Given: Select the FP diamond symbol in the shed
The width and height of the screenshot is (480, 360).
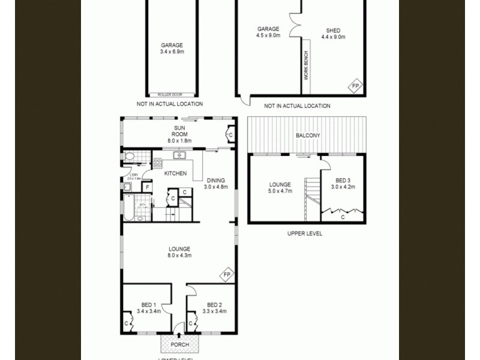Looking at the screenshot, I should click(x=355, y=86).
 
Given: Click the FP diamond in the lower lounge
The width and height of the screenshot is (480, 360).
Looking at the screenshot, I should click(x=227, y=275).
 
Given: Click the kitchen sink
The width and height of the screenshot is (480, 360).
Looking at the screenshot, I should click(x=179, y=155).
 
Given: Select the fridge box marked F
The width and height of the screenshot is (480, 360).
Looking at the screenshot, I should click(x=146, y=187).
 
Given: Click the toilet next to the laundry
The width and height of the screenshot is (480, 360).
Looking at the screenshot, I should click(x=130, y=157).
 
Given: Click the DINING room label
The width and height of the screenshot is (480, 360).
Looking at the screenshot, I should click(x=216, y=180).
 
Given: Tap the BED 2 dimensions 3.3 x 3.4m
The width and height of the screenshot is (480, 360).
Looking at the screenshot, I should click(x=214, y=311).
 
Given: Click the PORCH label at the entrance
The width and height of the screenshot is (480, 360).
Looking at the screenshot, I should click(x=179, y=344).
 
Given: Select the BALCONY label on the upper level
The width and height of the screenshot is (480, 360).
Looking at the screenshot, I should click(x=308, y=136).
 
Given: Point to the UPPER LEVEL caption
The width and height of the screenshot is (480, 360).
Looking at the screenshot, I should click(x=305, y=233).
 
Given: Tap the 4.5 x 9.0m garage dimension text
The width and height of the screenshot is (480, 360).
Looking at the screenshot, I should click(x=268, y=36).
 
